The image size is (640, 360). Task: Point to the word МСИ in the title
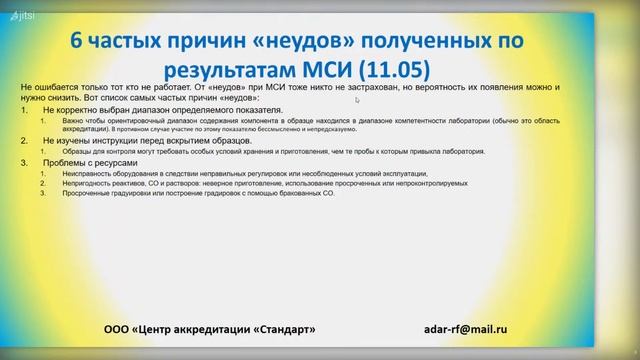[x=321, y=68]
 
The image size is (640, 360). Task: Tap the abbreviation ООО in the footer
[x=119, y=328]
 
